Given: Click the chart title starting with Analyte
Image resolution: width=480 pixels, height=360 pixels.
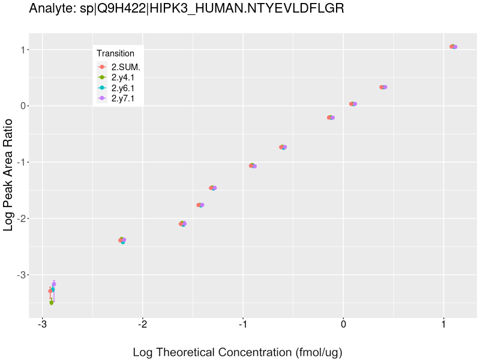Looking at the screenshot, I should point(186,10).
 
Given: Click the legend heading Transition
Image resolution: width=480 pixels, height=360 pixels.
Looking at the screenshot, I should point(115,54).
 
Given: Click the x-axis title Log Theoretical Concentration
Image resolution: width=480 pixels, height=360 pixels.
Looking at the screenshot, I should point(237,352).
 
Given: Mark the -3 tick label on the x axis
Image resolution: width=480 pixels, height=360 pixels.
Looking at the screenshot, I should point(42,325).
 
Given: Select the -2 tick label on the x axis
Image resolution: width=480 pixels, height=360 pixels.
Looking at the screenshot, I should point(142,325).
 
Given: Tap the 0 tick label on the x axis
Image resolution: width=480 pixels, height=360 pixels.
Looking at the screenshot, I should point(343,325).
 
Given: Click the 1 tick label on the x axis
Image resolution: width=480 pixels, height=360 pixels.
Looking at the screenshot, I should point(443,325).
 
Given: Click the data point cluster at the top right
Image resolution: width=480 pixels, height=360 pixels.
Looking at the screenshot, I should point(453,47).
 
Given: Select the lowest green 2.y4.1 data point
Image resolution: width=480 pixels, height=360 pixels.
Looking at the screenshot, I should point(52,302).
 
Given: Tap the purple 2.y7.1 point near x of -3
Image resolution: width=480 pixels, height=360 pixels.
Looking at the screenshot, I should point(54,284).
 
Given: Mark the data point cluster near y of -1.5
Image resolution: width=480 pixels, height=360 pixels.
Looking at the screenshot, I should point(212,188).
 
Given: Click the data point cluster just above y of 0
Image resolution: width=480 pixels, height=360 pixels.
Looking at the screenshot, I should point(353,104).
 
